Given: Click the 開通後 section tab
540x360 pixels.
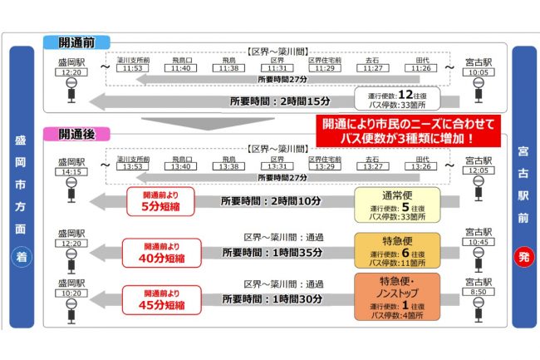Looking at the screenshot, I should click(77, 133).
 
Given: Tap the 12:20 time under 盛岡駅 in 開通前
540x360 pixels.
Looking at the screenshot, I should click(71, 73).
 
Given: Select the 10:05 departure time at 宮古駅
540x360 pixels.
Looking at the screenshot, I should click(479, 73).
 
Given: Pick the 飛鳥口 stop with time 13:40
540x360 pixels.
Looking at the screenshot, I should click(180, 166).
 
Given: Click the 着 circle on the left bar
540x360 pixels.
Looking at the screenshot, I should click(20, 258).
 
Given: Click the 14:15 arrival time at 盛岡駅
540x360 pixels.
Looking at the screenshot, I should click(71, 171).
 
